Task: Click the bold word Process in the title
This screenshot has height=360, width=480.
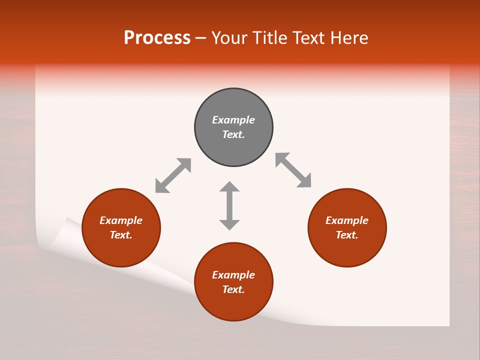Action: click(157, 38)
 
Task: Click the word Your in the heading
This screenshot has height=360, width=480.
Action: click(229, 38)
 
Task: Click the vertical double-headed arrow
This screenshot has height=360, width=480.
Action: click(229, 205)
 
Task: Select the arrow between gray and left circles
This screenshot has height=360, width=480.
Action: click(173, 175)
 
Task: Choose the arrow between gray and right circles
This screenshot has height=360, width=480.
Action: click(293, 170)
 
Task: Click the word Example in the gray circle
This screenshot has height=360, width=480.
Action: click(233, 120)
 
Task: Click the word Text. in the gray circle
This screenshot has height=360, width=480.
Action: click(233, 134)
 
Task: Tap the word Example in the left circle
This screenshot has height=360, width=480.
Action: click(121, 220)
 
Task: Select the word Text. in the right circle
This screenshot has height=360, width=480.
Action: click(347, 235)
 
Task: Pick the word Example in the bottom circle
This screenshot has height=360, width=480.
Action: click(233, 275)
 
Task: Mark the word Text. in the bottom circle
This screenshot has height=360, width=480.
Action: click(233, 289)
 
